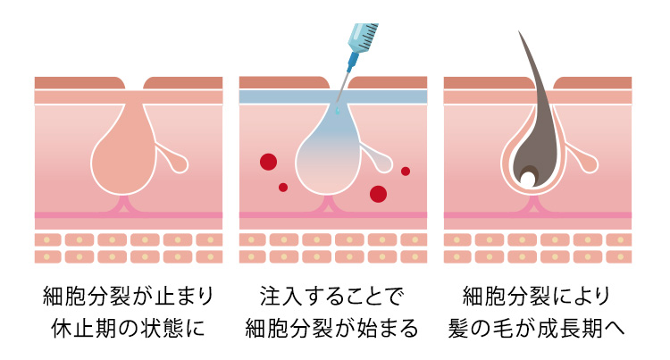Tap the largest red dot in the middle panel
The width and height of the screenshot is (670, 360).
(x=378, y=193)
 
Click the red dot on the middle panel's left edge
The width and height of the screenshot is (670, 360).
(x=267, y=162)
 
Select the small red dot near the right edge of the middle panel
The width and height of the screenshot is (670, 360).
(x=406, y=171)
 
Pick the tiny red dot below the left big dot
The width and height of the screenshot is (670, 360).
(x=283, y=187)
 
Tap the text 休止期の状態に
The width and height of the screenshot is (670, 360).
(x=124, y=328)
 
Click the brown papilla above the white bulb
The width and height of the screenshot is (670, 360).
(x=528, y=169)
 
